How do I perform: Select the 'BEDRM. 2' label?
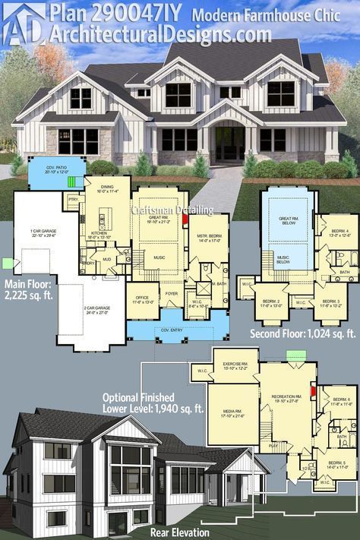click(270, 302)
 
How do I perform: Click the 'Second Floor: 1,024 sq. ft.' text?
click(302, 333)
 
